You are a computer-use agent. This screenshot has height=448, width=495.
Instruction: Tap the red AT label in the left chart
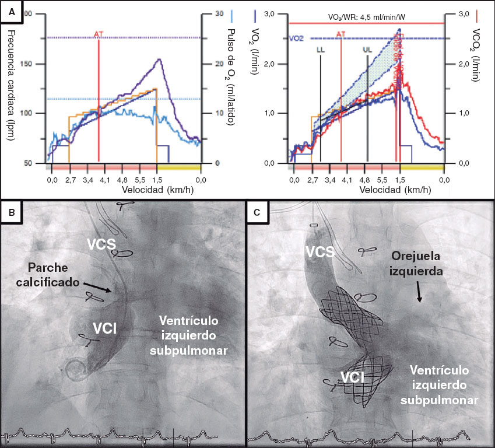99,34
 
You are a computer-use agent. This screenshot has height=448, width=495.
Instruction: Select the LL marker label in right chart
320,50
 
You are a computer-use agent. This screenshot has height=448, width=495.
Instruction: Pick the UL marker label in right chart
367,50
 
